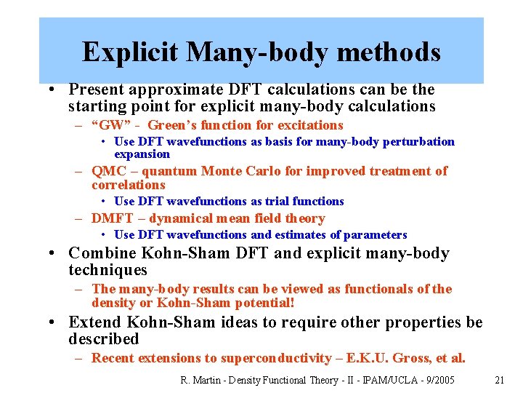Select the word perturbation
(x=421, y=142)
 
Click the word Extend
(x=95, y=322)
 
